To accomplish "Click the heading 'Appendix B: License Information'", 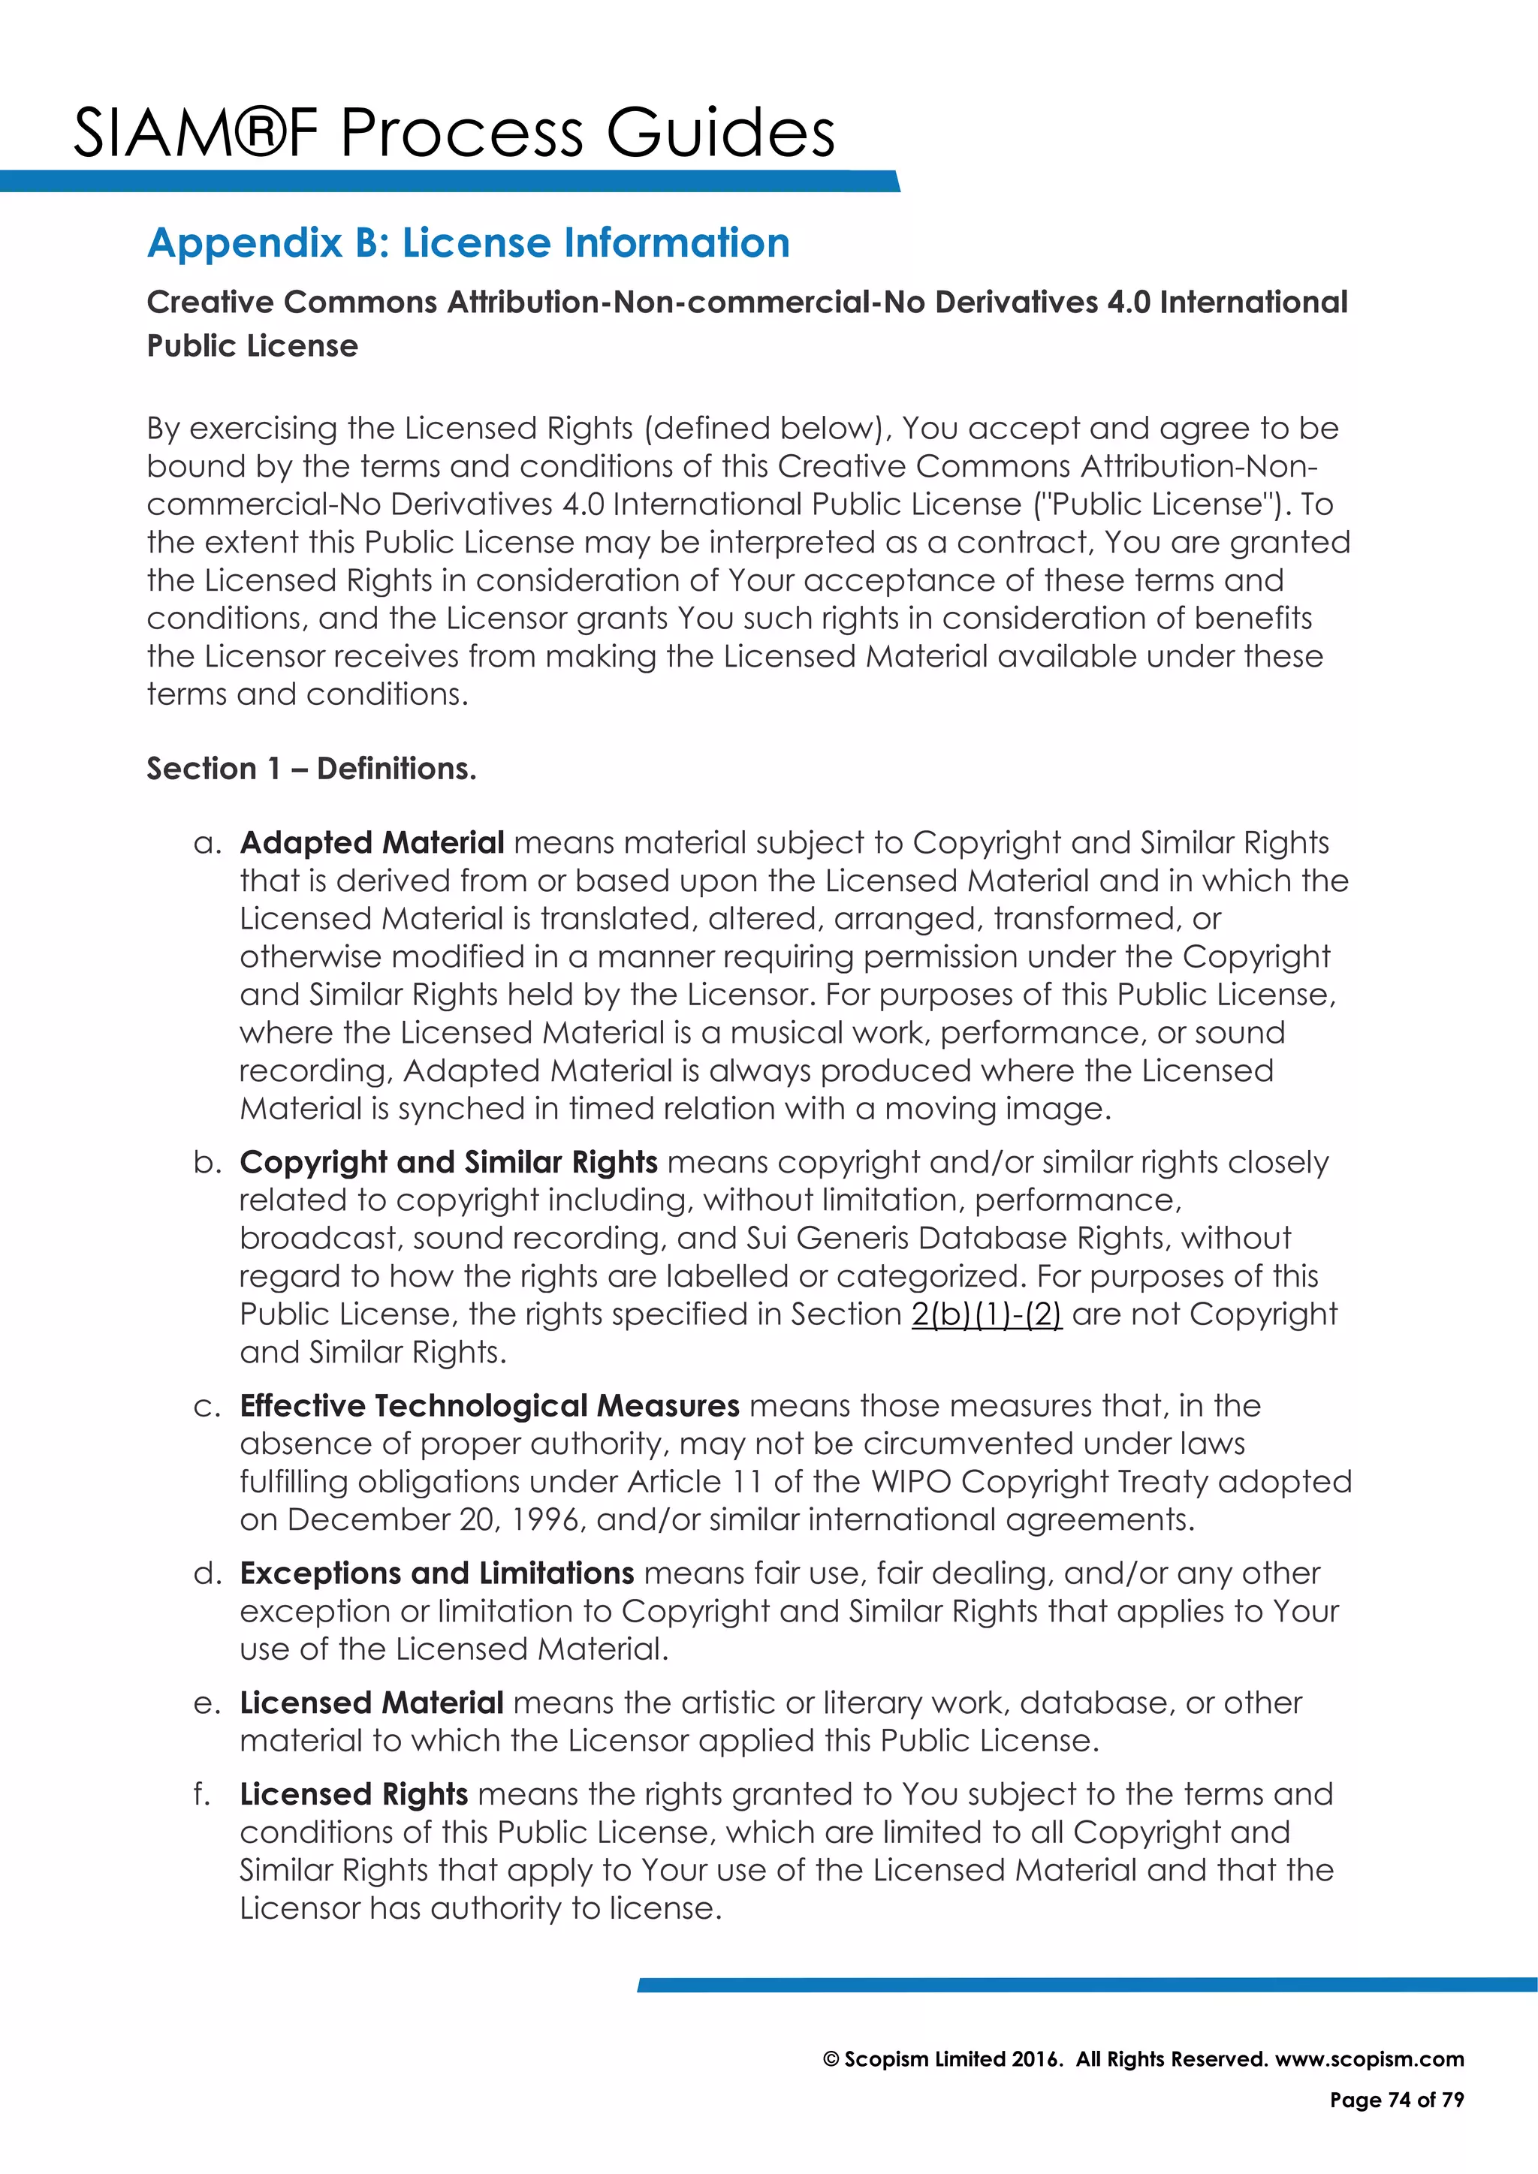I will click(x=468, y=243).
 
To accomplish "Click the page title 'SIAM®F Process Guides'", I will click(x=454, y=133).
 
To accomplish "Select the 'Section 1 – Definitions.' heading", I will click(x=311, y=768).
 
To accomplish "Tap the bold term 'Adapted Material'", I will click(x=371, y=843).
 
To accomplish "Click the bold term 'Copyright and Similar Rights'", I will click(x=448, y=1162).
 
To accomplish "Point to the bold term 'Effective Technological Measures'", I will click(x=489, y=1405).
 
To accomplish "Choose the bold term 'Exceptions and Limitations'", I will click(x=436, y=1573).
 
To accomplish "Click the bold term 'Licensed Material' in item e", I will click(x=371, y=1703).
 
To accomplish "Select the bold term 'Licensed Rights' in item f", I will click(x=353, y=1794).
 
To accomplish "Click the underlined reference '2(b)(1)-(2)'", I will click(x=986, y=1314).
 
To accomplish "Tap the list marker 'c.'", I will click(x=207, y=1406).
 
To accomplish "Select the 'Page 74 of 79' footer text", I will click(x=1396, y=2100).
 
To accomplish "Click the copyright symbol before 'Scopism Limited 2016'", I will click(x=831, y=2059).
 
